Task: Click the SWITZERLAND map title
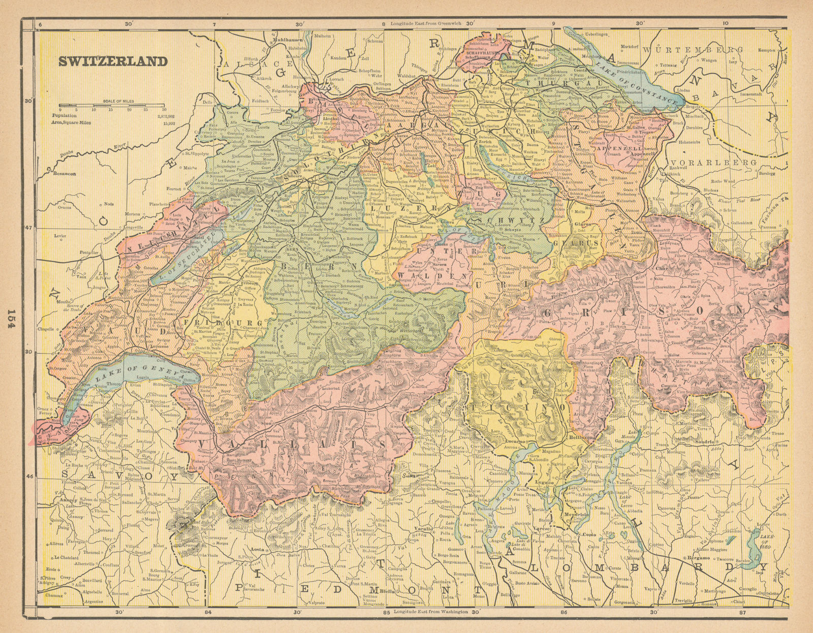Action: tap(113, 61)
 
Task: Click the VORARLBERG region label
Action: tap(726, 162)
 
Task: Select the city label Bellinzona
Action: tap(585, 436)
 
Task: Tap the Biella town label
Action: tap(392, 591)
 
